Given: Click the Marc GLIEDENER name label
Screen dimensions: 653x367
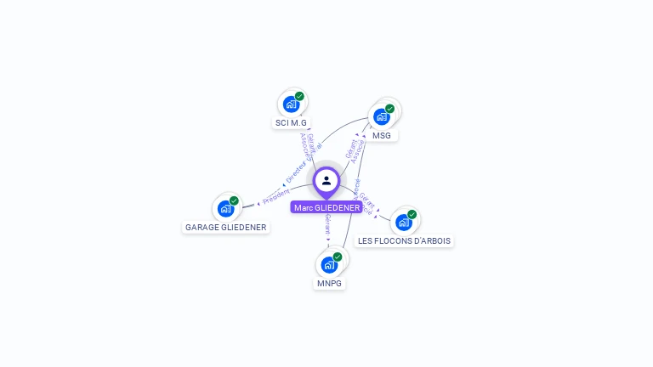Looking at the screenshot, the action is [x=326, y=207].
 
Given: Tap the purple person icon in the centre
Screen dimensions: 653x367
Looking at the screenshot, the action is [x=326, y=180].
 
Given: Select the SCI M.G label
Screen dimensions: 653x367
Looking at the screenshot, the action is [x=291, y=123].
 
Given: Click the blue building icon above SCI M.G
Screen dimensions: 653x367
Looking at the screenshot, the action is [x=291, y=104].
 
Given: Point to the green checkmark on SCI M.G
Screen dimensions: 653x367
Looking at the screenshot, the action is [x=299, y=96].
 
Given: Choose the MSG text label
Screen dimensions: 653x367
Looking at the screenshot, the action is [x=382, y=135].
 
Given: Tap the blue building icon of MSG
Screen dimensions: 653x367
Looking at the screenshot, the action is [x=381, y=116].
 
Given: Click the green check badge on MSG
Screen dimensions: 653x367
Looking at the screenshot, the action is [x=390, y=108].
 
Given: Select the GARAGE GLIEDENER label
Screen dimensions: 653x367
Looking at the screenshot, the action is [x=226, y=227].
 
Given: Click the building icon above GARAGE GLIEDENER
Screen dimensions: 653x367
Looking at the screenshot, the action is [x=225, y=208].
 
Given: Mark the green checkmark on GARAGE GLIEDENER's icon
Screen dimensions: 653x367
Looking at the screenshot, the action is [x=234, y=200].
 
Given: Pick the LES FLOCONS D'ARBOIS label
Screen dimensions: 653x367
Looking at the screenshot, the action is [x=404, y=240].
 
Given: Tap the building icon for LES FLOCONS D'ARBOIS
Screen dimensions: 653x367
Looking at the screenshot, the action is [x=403, y=223].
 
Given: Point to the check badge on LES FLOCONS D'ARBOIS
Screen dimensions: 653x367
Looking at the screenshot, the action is [x=412, y=214].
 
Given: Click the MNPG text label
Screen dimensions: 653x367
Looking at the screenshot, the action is [x=329, y=283].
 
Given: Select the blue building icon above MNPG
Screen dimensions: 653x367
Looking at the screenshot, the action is [x=329, y=264].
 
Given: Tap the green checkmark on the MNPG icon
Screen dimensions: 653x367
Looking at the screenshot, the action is [x=338, y=256].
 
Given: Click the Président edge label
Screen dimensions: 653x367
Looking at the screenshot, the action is [x=276, y=195].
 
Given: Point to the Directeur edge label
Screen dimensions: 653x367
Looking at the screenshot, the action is [x=295, y=173].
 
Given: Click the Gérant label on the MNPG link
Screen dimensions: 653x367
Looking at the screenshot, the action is [x=328, y=225].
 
